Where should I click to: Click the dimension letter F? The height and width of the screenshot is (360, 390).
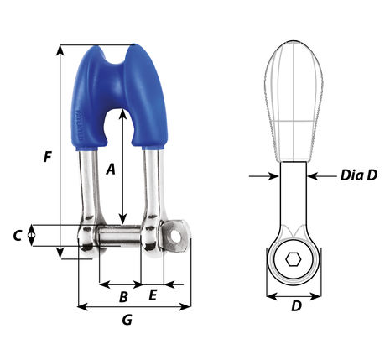pos(48,157)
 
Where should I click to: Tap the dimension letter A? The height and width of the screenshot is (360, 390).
pos(111,169)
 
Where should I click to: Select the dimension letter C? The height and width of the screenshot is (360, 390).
pos(18,236)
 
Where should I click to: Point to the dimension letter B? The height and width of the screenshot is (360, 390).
pos(123,297)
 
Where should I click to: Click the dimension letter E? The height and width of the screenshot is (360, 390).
pos(153,295)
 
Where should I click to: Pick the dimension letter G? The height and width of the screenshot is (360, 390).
pos(127,320)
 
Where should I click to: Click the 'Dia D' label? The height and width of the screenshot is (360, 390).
pos(359,175)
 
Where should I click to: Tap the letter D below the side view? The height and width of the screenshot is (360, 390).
pos(296,306)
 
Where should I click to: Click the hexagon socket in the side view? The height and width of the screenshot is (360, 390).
pos(294,260)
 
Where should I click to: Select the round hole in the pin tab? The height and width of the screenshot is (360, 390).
pos(176,237)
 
